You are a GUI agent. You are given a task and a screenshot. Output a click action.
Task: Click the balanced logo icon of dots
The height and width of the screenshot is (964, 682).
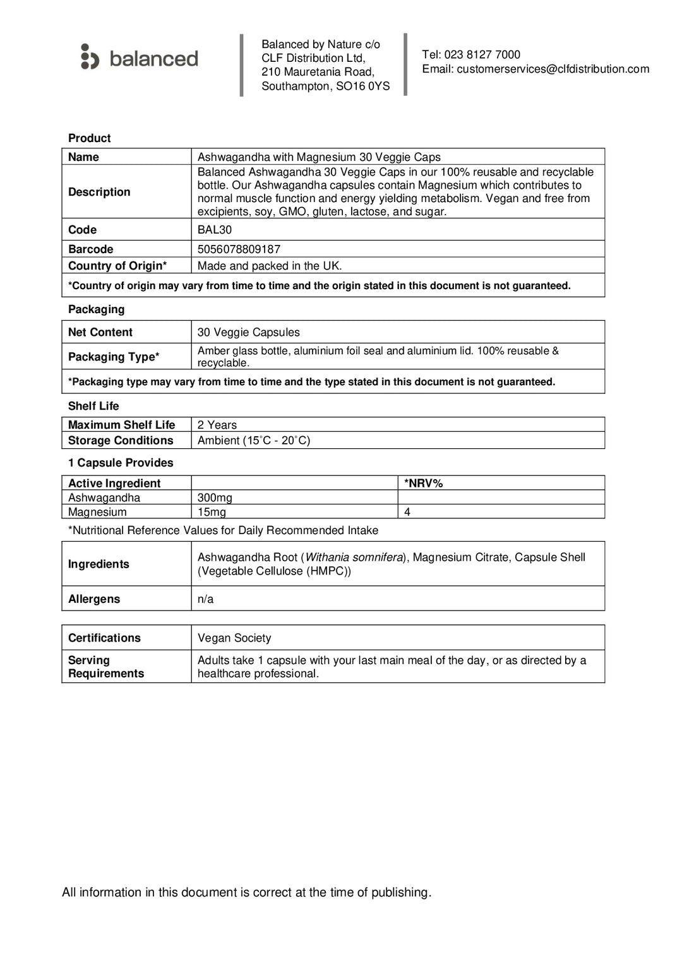90,57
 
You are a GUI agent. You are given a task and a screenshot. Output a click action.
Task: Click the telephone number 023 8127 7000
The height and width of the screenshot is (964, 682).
482,55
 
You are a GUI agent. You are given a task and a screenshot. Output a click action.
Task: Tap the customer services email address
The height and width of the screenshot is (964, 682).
553,69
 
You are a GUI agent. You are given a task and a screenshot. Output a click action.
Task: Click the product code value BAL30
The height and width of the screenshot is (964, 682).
215,230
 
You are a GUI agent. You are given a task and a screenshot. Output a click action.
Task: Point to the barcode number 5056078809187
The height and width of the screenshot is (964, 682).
239,249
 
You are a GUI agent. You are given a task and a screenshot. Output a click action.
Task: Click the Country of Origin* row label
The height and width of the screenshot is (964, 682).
117,266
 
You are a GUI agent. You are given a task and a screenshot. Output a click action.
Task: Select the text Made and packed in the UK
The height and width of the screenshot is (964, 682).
270,266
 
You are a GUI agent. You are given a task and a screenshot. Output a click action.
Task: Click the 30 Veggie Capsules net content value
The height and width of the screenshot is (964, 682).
248,332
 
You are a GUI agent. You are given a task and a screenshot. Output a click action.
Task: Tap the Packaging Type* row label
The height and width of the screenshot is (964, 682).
114,357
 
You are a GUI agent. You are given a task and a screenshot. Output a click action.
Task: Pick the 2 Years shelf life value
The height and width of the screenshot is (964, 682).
217,425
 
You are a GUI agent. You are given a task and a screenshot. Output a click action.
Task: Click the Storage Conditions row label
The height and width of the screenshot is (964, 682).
121,441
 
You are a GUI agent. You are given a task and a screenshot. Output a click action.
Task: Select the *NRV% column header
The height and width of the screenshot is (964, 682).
423,483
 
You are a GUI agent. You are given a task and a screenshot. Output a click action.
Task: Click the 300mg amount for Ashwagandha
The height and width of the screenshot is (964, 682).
215,497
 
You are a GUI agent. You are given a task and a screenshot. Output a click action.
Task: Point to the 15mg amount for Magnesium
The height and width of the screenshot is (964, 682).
212,512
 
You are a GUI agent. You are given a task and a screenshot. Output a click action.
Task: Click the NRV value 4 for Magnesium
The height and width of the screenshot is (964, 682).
407,512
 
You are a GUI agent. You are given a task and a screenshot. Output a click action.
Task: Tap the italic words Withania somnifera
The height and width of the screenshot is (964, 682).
354,557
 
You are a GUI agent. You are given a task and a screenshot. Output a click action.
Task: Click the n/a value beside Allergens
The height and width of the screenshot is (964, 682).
205,599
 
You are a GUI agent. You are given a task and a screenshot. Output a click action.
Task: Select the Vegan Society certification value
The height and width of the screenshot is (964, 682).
234,638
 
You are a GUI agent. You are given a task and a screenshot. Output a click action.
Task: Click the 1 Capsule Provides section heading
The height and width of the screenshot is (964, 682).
121,463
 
